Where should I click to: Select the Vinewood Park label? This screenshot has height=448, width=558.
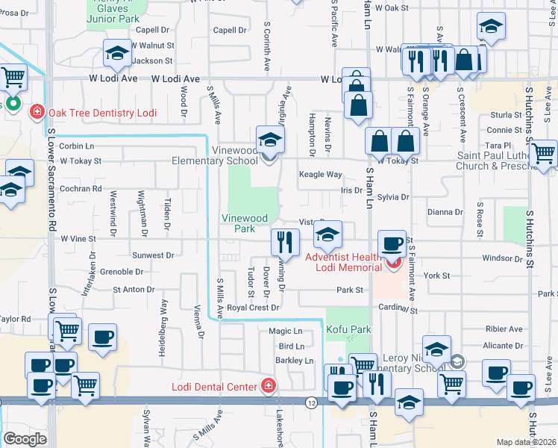244,224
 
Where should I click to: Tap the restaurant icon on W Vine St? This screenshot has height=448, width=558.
284,240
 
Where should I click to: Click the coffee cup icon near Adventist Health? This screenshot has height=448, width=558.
392,243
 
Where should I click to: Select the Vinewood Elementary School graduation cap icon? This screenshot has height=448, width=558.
270,140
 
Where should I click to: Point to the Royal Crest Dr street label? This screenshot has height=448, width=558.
253,308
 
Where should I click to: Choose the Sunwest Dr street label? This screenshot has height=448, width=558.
152,255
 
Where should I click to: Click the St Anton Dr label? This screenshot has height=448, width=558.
134,290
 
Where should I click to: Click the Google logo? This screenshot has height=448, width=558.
25,439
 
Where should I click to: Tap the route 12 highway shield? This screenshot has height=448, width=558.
311,402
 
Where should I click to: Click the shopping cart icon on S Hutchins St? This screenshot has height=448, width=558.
544,154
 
